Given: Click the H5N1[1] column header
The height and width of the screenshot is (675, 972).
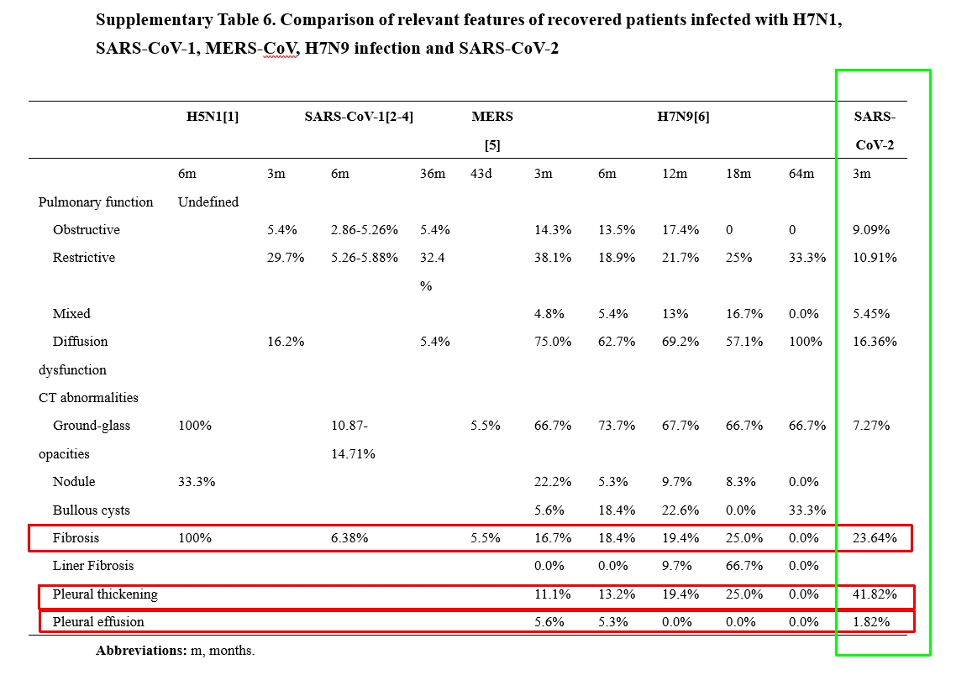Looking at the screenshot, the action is click(212, 117).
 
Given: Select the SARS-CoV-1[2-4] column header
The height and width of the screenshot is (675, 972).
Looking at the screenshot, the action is click(358, 117).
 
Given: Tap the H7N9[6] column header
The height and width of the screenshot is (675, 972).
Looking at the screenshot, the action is click(683, 117).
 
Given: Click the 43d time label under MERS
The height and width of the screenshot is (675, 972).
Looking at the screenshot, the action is click(481, 174).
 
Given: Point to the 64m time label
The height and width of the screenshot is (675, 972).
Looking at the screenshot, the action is click(801, 174).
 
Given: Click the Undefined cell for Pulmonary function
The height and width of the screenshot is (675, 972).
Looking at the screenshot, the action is click(208, 201).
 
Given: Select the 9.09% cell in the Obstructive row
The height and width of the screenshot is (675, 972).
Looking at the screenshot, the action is click(871, 230).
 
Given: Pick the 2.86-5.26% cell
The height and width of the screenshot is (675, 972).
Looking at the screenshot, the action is click(364, 230).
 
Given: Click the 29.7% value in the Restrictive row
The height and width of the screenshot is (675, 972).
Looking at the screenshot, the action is click(285, 258).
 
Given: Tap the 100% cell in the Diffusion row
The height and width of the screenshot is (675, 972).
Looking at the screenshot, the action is click(806, 341).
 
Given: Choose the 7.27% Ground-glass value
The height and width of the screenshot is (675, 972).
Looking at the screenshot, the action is click(871, 426).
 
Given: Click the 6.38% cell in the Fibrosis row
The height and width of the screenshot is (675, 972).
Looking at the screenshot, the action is click(349, 537).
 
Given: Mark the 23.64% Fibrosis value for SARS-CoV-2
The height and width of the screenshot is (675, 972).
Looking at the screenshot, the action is click(874, 537).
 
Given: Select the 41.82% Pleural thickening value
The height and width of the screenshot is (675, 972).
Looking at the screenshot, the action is click(874, 594).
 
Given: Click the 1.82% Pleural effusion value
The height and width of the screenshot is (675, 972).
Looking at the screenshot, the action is click(871, 622).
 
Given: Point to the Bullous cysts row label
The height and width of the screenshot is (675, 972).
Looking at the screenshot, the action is click(91, 510).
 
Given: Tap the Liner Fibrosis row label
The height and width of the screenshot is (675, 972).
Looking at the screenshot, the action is click(93, 565).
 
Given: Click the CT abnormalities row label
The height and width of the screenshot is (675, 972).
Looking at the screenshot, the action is click(88, 398).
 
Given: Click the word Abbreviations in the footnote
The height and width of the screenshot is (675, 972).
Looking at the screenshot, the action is click(140, 650).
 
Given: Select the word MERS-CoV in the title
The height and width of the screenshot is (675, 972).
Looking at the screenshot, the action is click(252, 48).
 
